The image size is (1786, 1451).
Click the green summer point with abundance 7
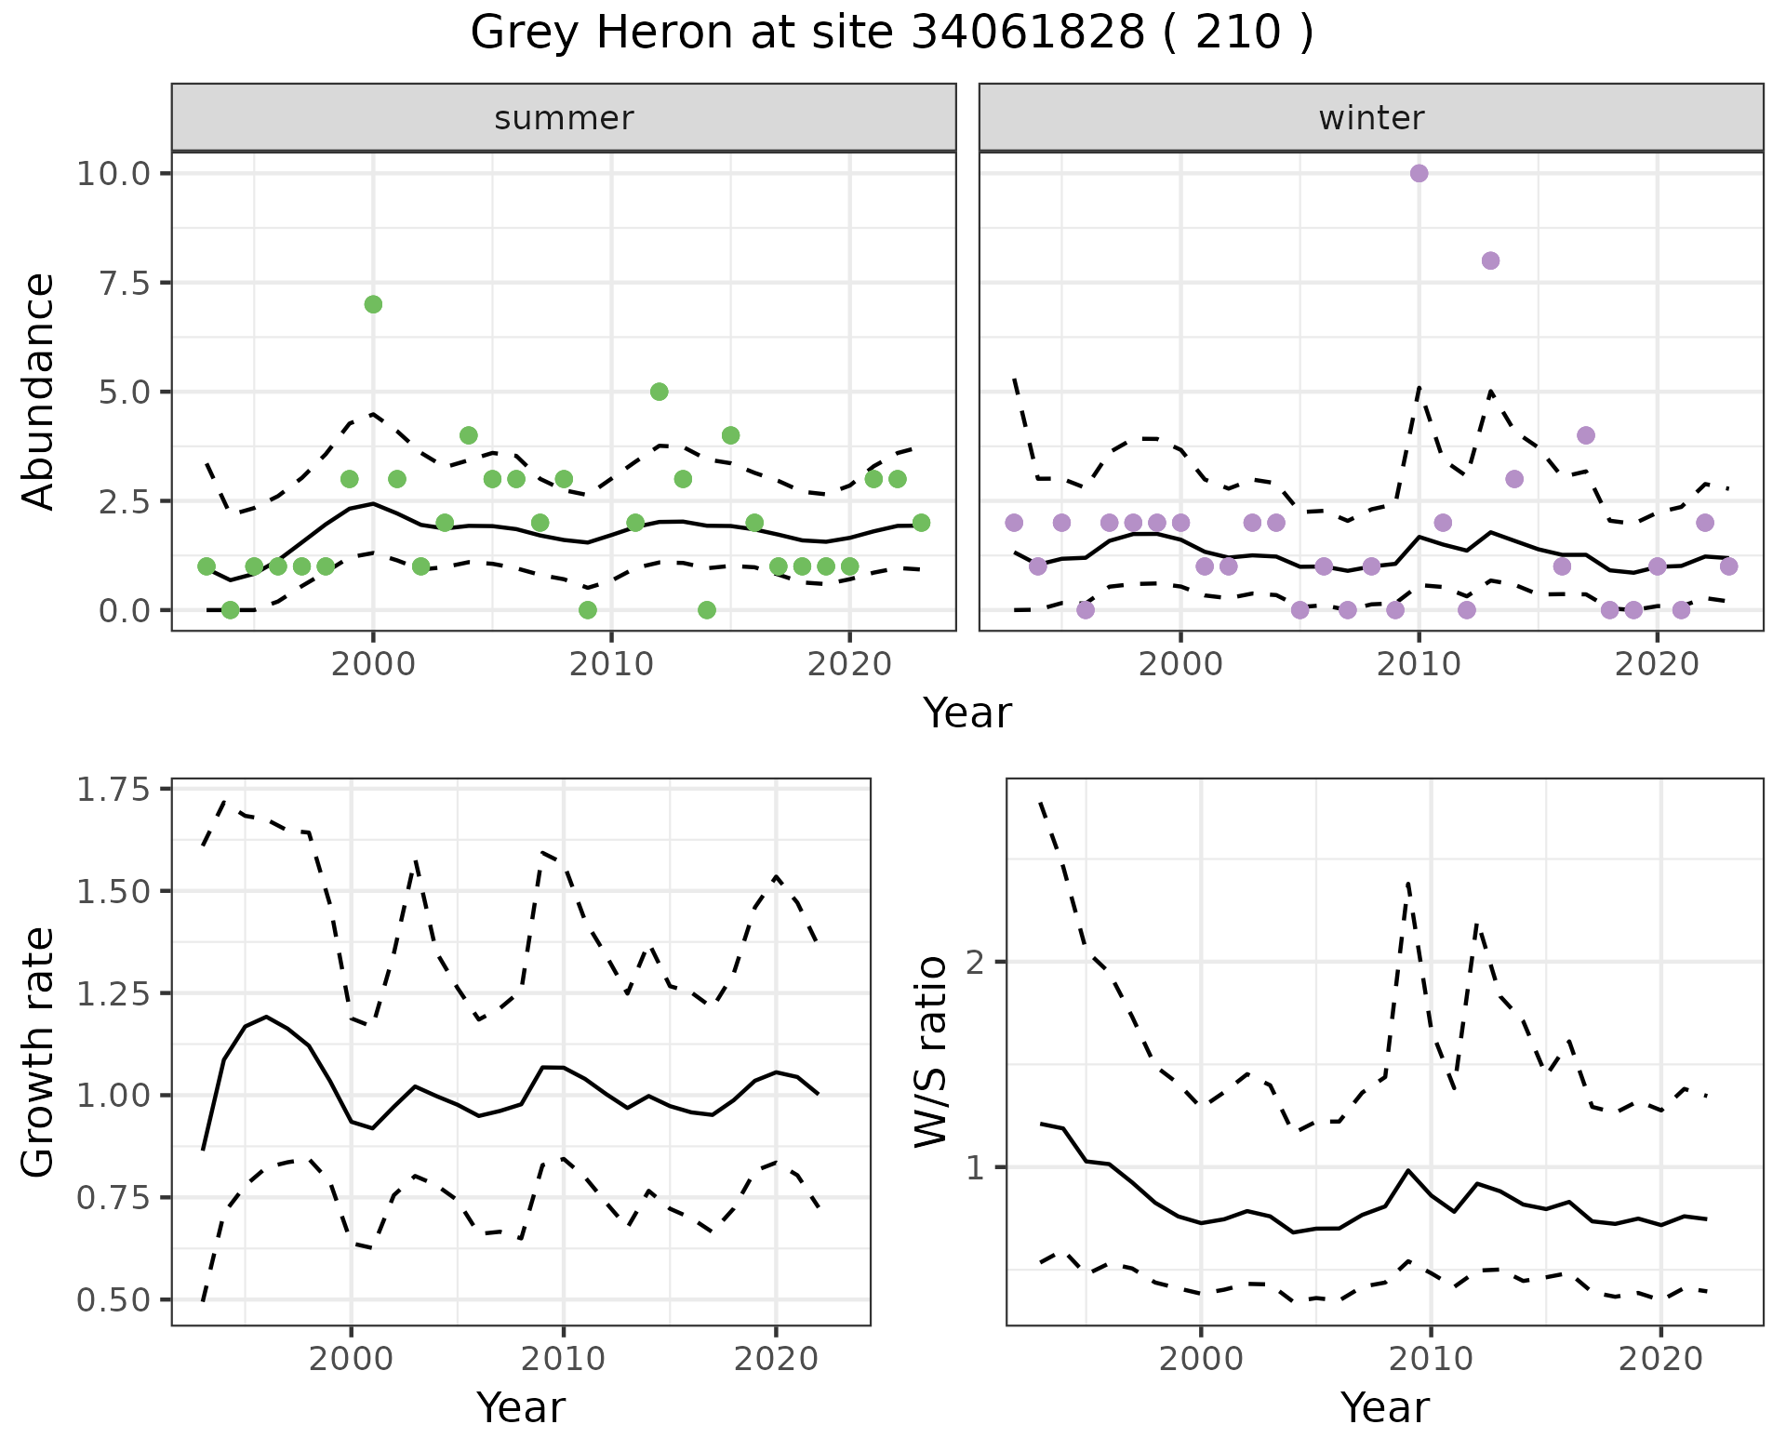coord(373,304)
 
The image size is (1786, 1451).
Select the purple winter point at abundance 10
coord(1419,173)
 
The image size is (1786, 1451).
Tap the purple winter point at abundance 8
coord(1490,260)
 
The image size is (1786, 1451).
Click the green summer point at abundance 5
coord(659,392)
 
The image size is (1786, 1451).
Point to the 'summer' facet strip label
coord(564,118)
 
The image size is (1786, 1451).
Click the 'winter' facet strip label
coord(1371,118)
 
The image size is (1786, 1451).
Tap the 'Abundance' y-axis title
coord(39,392)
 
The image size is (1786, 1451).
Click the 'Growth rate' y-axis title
coord(39,1053)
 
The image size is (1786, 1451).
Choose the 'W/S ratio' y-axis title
coord(931,1053)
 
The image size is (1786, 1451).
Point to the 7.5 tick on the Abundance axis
coord(131,283)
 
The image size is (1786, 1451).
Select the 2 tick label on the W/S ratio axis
coord(975,962)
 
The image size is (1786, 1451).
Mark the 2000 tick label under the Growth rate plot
coord(351,1359)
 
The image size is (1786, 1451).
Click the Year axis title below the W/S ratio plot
coord(1384,1408)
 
